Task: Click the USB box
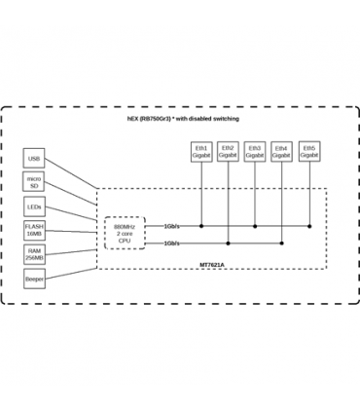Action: click(x=35, y=158)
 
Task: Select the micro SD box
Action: click(x=35, y=182)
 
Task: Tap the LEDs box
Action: click(x=35, y=206)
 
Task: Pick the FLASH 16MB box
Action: click(x=35, y=231)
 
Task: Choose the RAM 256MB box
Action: click(x=35, y=255)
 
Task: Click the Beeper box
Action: click(x=35, y=280)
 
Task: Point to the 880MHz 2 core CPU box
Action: click(x=125, y=233)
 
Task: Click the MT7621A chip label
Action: click(x=239, y=263)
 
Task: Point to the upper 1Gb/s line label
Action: click(x=171, y=225)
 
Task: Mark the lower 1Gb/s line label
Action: click(x=171, y=243)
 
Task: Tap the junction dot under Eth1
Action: click(x=201, y=225)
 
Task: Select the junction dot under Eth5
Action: click(x=309, y=225)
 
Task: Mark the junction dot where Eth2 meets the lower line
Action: click(x=228, y=243)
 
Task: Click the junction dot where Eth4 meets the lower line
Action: click(x=282, y=243)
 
